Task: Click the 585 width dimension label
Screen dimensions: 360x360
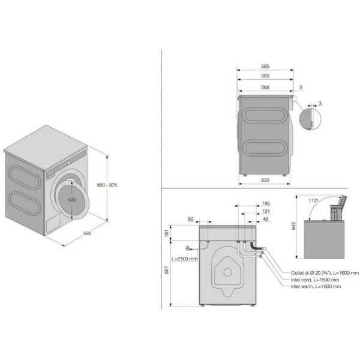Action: tap(265, 67)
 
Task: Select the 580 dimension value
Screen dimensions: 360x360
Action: tap(265, 76)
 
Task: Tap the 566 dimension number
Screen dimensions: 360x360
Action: tap(265, 87)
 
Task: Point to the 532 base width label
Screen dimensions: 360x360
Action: tap(265, 180)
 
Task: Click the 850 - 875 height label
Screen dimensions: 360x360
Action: tap(107, 185)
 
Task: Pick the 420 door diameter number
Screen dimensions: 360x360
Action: tap(72, 200)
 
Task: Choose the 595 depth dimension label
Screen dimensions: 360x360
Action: tap(87, 233)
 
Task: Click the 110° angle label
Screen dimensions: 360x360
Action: tap(313, 200)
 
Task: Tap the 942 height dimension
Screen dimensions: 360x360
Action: tap(293, 226)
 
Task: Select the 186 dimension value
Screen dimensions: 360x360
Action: tap(266, 203)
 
